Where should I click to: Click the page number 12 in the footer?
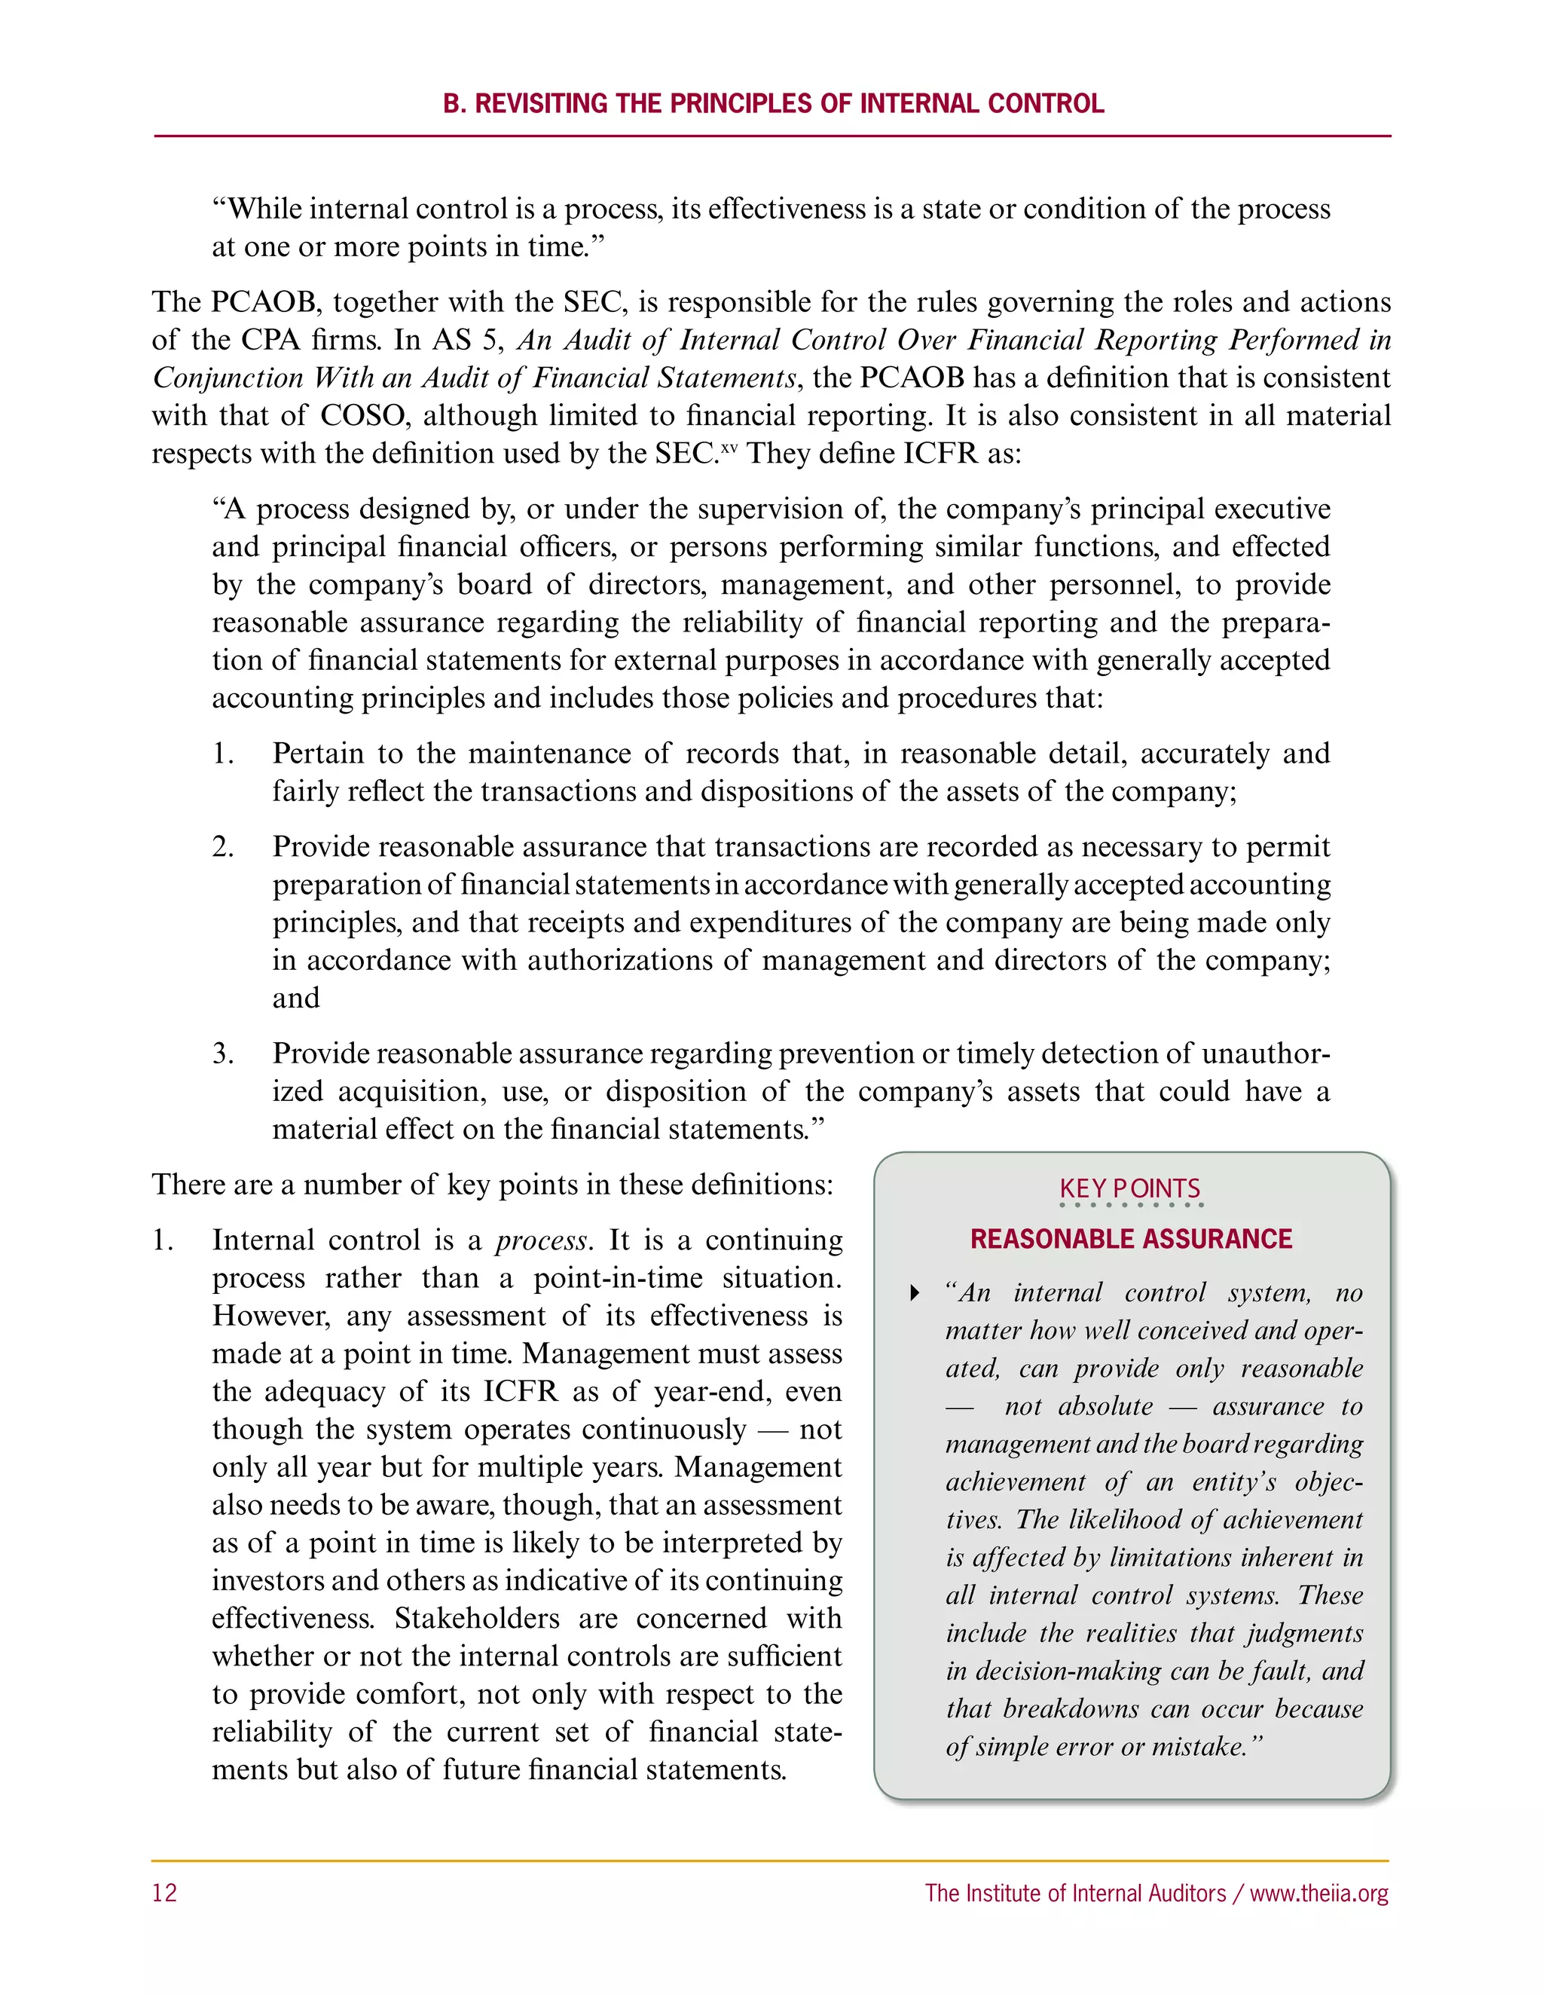pos(164,1893)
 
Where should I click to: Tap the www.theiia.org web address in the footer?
pos(1318,1894)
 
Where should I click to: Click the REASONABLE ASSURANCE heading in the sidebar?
pos(1131,1239)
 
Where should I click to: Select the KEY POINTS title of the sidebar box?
pos(1130,1188)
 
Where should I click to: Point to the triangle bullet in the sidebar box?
pos(914,1293)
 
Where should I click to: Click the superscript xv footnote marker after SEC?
pos(729,447)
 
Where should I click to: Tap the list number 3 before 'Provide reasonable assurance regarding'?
pos(222,1054)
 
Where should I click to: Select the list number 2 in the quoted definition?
pos(222,847)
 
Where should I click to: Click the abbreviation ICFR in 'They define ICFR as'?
pos(940,454)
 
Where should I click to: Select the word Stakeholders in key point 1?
pos(477,1619)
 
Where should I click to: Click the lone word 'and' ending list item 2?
pos(295,998)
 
